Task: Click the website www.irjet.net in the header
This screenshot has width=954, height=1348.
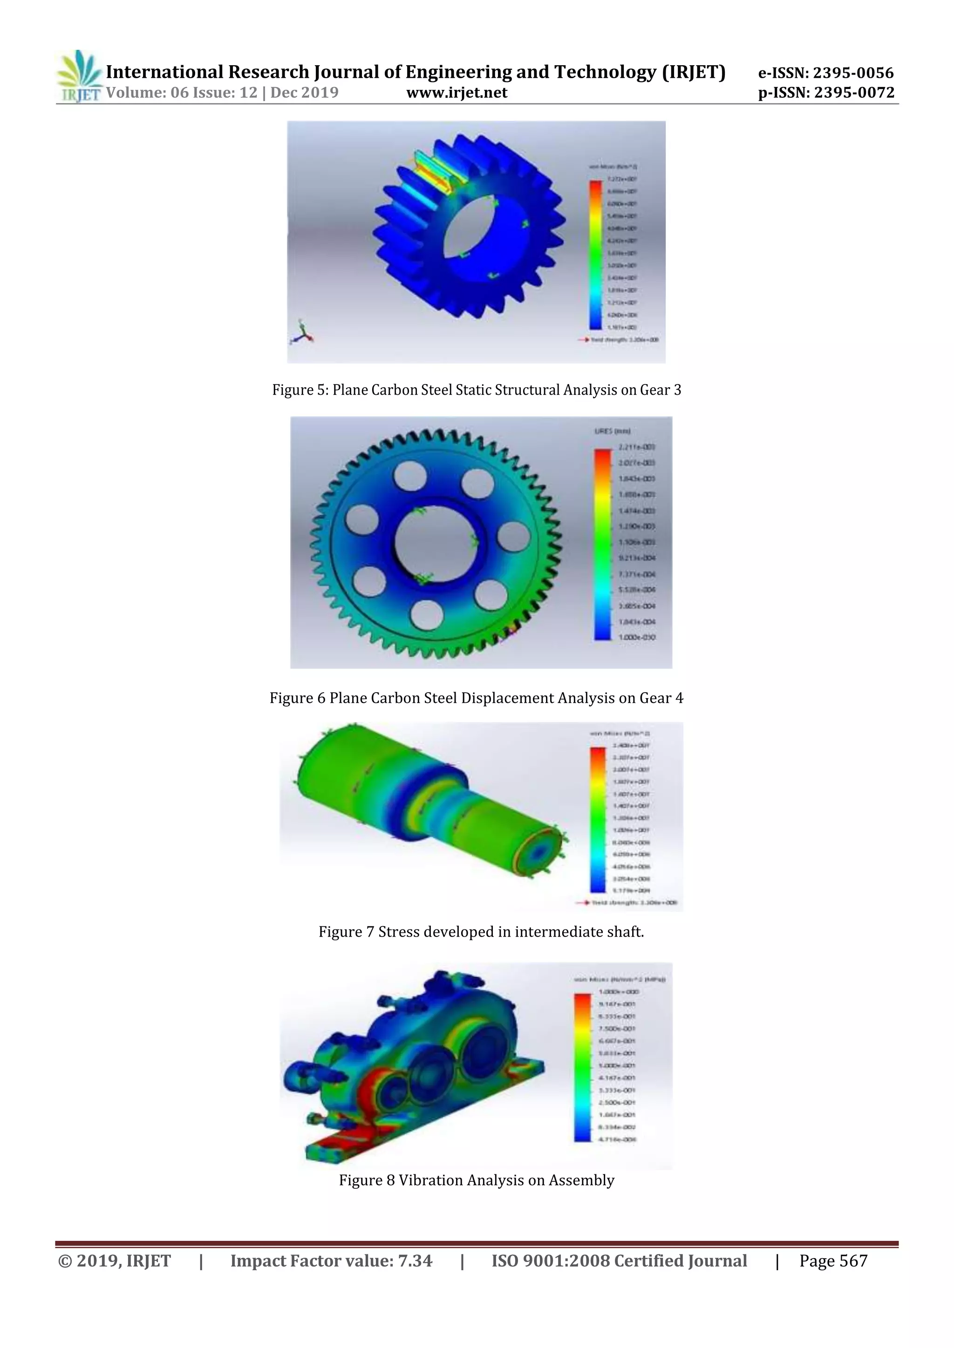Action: pyautogui.click(x=457, y=93)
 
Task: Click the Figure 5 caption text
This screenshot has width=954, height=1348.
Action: pyautogui.click(x=477, y=390)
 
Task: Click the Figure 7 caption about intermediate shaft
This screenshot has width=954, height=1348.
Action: pyautogui.click(x=481, y=932)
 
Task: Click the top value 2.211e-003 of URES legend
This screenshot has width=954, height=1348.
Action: pyautogui.click(x=636, y=447)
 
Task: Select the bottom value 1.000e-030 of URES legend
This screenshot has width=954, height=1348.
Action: pyautogui.click(x=636, y=637)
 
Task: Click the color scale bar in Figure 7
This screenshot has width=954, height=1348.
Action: pyautogui.click(x=596, y=820)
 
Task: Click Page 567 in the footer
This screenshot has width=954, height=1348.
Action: pyautogui.click(x=833, y=1260)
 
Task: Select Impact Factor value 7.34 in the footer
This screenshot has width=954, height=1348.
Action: pyautogui.click(x=331, y=1260)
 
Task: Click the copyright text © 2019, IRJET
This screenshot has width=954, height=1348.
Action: pyautogui.click(x=115, y=1260)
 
